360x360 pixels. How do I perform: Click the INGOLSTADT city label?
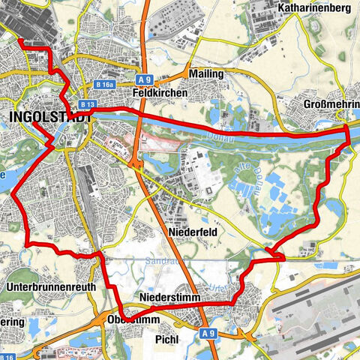click(x=51, y=117)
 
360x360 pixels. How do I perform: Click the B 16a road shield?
click(x=105, y=85)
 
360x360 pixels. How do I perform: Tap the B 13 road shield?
click(x=88, y=104)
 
